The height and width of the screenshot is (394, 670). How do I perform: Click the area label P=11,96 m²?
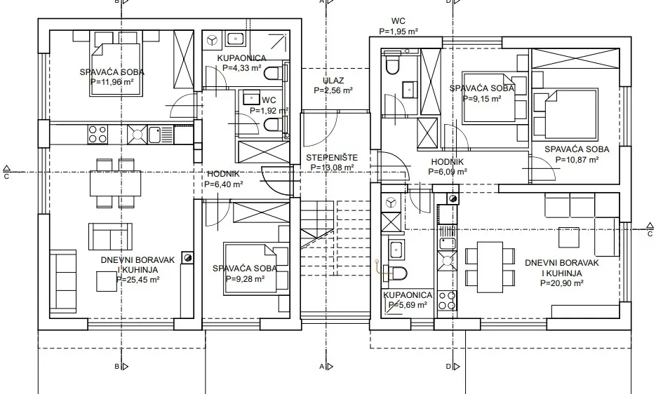click(x=112, y=81)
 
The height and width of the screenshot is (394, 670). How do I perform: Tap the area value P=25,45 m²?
click(x=138, y=280)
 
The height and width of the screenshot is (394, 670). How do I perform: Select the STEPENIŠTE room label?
click(x=332, y=158)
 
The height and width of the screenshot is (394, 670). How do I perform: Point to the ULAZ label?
click(x=333, y=80)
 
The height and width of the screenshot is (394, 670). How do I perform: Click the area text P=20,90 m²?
click(x=562, y=283)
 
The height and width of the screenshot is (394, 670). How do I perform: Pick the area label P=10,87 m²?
click(x=577, y=160)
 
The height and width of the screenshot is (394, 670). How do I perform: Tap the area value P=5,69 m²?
click(x=408, y=305)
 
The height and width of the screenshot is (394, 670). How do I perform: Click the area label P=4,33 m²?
click(x=242, y=67)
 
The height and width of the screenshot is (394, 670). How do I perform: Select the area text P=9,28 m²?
click(x=245, y=279)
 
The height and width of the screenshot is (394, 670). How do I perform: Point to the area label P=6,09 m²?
click(x=448, y=172)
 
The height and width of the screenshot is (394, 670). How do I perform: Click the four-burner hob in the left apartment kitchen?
click(x=98, y=134)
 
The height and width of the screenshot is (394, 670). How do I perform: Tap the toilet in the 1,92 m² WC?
click(x=273, y=125)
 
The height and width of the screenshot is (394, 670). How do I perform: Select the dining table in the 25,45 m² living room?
click(x=115, y=183)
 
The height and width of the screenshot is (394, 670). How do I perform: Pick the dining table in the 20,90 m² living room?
click(x=490, y=267)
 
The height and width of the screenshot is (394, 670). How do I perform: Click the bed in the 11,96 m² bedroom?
click(x=115, y=63)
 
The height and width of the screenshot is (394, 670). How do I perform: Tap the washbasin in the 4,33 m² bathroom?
click(x=234, y=39)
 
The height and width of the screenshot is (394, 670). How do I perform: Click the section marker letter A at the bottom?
click(x=322, y=366)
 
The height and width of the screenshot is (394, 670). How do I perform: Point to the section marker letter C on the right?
click(x=650, y=234)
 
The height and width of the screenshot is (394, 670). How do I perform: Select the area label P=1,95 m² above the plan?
click(x=398, y=31)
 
